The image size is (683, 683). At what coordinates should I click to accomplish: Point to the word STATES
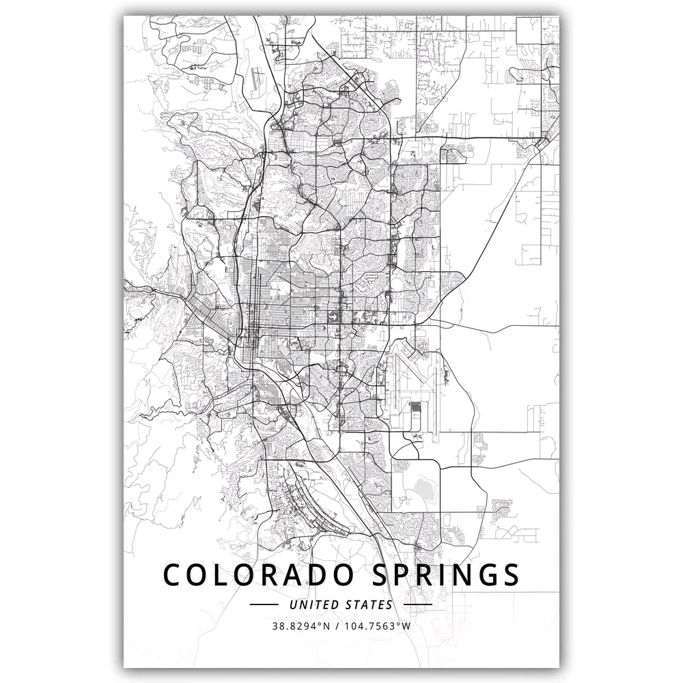[x=371, y=604]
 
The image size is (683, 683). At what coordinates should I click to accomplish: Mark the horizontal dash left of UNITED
[x=264, y=604]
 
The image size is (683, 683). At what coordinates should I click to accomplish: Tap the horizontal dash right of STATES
[x=419, y=604]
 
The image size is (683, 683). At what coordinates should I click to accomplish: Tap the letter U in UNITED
[x=293, y=604]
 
